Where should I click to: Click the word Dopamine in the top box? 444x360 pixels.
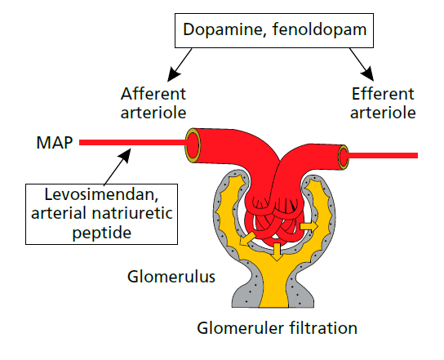pos(224,29)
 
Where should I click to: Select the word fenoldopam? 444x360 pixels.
pos(320,29)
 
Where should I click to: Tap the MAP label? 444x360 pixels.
pos(55,143)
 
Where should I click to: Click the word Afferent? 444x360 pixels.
pos(153,94)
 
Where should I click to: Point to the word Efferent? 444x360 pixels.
pos(383,94)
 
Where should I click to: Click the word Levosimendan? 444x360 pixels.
pos(101,195)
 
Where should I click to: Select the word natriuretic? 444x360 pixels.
pos(132,213)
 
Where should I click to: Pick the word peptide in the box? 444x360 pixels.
pos(102,233)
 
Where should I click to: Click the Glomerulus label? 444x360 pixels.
pos(171,277)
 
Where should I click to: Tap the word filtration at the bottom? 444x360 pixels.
pos(323,328)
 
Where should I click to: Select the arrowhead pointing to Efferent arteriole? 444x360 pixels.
pos(367,74)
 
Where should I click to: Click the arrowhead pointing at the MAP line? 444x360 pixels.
pos(126,155)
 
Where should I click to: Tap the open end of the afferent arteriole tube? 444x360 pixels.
pos(193,146)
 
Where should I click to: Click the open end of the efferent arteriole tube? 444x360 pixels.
pos(344,158)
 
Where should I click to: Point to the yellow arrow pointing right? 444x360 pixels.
pos(309,226)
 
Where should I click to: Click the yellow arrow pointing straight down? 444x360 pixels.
pos(277,251)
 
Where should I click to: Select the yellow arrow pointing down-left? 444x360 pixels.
pos(246,239)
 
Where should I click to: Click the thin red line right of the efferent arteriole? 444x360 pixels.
pos(382,155)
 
